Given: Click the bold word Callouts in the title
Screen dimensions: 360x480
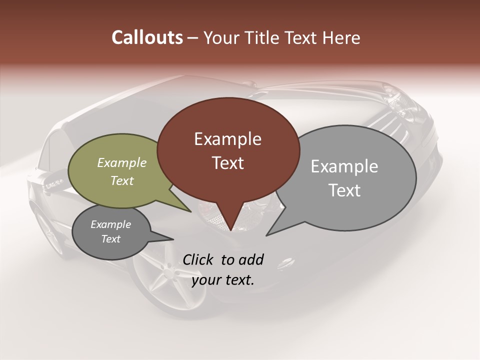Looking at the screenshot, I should pyautogui.click(x=147, y=37).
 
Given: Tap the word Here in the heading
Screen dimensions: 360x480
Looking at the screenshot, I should pyautogui.click(x=341, y=38).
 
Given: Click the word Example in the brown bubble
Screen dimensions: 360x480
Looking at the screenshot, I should pyautogui.click(x=227, y=139).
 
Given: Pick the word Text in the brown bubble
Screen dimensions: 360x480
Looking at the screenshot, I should pyautogui.click(x=227, y=163).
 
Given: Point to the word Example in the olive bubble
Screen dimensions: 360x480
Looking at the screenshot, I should pyautogui.click(x=121, y=163).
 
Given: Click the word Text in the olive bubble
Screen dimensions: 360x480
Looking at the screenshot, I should pyautogui.click(x=121, y=180).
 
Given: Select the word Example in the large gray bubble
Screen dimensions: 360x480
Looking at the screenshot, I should pyautogui.click(x=344, y=166).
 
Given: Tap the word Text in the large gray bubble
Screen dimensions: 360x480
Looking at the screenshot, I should pyautogui.click(x=344, y=190).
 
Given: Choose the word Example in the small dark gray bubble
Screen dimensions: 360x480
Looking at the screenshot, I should pyautogui.click(x=110, y=224).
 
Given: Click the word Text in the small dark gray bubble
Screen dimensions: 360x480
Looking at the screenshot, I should pyautogui.click(x=110, y=239).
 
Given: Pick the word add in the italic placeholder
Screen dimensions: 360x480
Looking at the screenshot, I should pyautogui.click(x=251, y=259).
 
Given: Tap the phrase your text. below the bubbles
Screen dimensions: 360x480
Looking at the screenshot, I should pyautogui.click(x=222, y=280).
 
